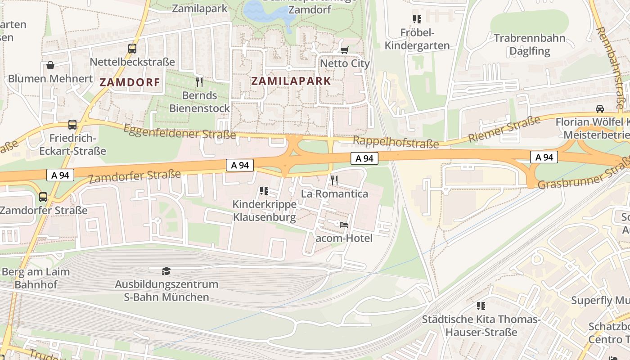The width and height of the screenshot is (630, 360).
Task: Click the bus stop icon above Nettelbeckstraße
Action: tap(132, 49)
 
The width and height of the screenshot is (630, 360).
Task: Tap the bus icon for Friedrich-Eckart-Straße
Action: tap(72, 125)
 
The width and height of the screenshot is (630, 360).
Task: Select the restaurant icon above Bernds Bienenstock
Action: tap(199, 82)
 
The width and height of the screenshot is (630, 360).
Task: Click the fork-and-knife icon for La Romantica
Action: tap(334, 180)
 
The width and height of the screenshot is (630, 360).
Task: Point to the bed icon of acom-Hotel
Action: tap(344, 225)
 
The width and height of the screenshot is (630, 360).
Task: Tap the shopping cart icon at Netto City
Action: tap(344, 50)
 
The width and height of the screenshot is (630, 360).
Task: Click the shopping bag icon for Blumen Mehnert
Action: tap(50, 65)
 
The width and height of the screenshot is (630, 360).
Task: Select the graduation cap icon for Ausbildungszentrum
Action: tap(166, 271)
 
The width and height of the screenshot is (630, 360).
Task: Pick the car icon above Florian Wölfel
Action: tap(599, 108)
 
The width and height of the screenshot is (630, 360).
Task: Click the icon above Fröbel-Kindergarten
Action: tap(417, 19)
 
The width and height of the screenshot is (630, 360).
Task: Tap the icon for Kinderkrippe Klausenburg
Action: tap(264, 191)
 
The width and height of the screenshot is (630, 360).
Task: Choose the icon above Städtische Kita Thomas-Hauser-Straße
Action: tap(481, 306)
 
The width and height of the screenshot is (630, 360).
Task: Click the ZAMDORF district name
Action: tap(130, 82)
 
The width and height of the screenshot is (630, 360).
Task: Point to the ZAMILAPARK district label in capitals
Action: tap(291, 81)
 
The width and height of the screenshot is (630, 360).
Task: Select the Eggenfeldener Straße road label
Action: tap(179, 131)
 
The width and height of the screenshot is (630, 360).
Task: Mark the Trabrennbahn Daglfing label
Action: tap(529, 44)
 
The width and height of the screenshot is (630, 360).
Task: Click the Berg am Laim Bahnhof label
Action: tap(36, 278)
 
